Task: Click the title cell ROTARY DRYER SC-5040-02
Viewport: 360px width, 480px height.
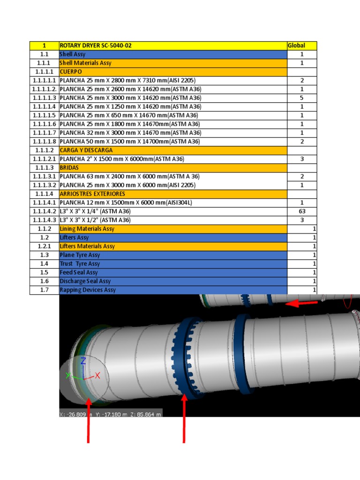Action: click(x=96, y=45)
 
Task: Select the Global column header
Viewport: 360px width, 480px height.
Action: click(x=296, y=45)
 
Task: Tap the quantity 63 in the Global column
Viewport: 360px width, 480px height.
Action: click(x=302, y=211)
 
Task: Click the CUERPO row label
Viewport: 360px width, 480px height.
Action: click(x=71, y=72)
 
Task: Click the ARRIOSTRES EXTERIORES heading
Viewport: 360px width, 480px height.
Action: click(x=92, y=194)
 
